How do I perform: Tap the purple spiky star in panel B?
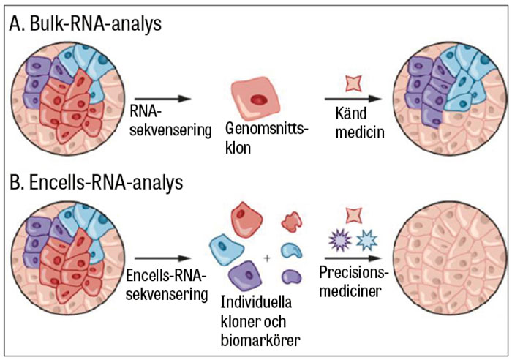339,239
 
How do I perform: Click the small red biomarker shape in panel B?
292,220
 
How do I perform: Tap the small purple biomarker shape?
292,277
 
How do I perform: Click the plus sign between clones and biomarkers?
268,258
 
